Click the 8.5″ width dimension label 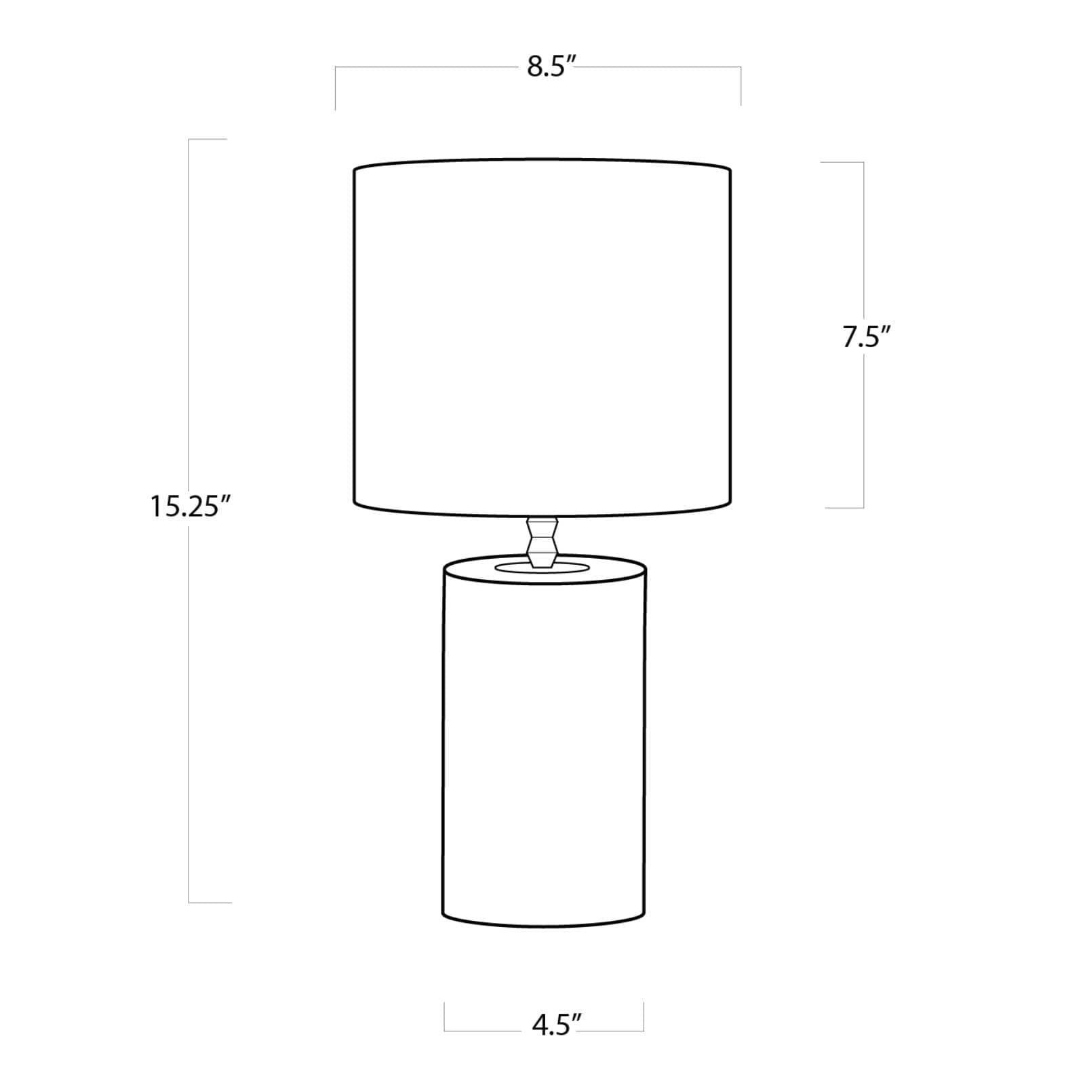point(551,68)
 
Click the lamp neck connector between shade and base point(542,542)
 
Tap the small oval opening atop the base point(542,567)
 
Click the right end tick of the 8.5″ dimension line point(741,86)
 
